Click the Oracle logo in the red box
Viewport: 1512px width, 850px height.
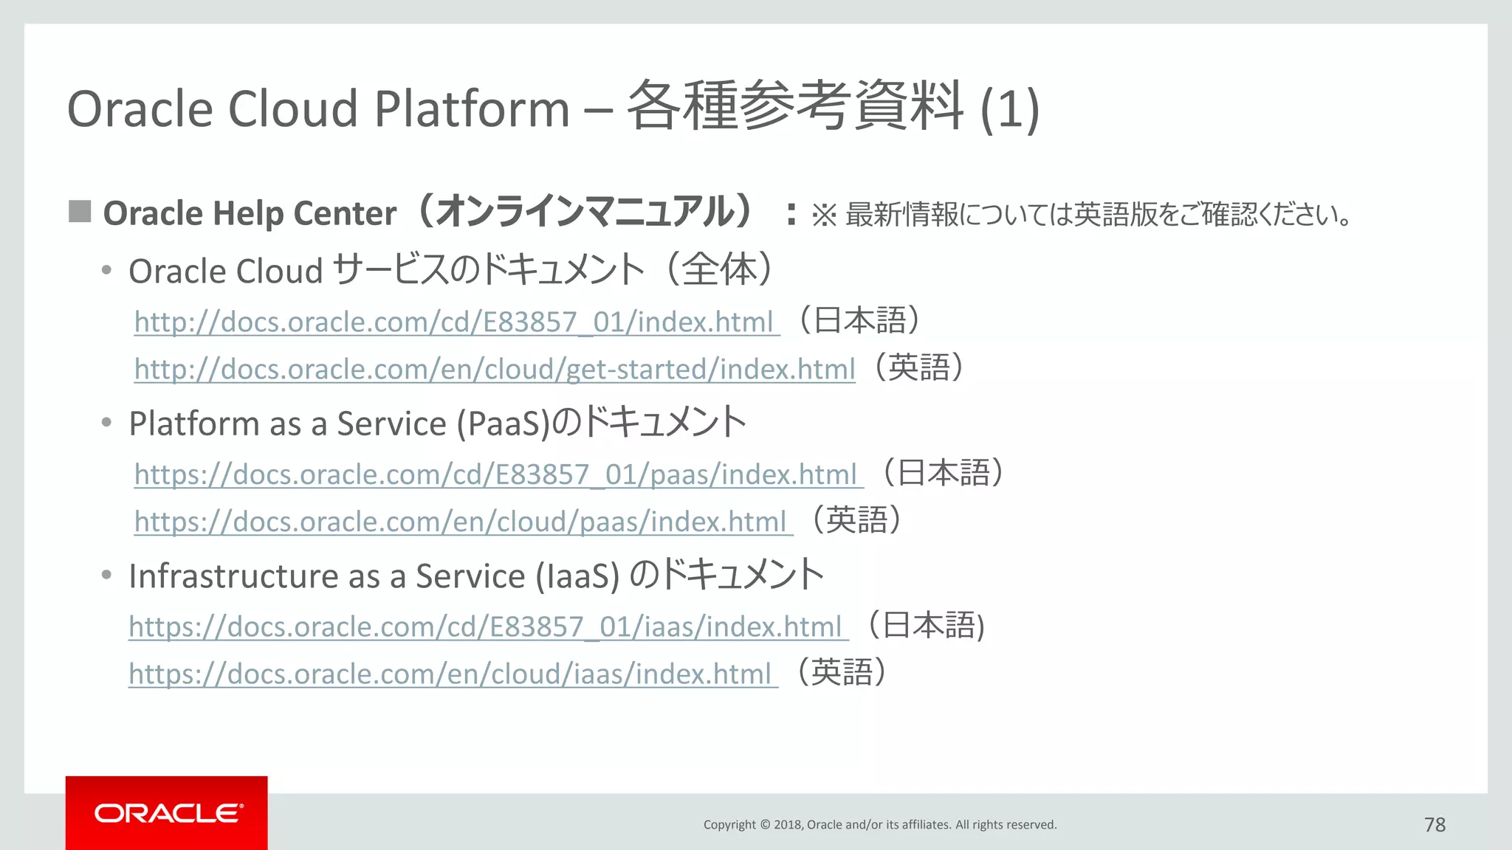click(x=168, y=813)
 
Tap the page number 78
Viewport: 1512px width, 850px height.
click(x=1434, y=824)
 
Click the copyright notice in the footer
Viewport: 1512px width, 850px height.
click(x=879, y=824)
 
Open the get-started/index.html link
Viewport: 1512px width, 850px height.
click(x=495, y=369)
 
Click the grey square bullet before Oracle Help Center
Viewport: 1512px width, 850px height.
click(x=80, y=212)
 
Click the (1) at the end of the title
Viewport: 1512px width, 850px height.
click(x=1009, y=109)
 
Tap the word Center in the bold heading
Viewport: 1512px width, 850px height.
click(x=345, y=214)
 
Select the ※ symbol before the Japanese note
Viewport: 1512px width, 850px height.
click(x=824, y=215)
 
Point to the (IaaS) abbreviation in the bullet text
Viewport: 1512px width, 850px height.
click(x=577, y=576)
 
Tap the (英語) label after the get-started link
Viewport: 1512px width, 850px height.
click(x=918, y=367)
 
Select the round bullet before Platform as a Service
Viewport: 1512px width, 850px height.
click(x=107, y=423)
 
